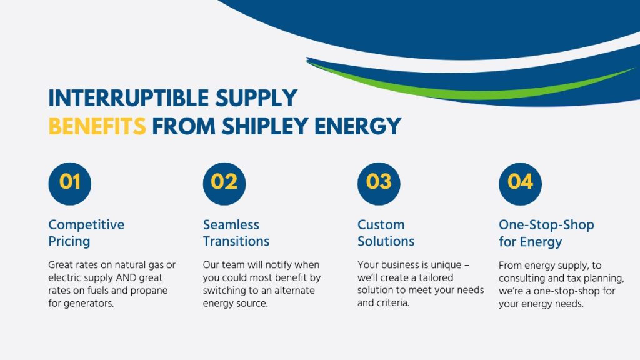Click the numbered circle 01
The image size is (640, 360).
[70, 184]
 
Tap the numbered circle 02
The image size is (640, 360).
[224, 184]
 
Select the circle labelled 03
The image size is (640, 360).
[379, 184]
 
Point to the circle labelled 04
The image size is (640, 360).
[521, 184]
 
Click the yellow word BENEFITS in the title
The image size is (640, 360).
[97, 126]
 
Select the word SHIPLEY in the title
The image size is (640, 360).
[265, 126]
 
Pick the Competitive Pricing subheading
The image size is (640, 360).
[86, 232]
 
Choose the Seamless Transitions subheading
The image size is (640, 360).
[236, 232]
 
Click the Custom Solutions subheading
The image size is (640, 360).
[386, 232]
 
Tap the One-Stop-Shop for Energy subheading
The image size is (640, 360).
[546, 233]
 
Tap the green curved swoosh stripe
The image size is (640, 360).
[469, 91]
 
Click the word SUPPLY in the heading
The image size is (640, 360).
[256, 98]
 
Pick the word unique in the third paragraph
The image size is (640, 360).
[446, 265]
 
